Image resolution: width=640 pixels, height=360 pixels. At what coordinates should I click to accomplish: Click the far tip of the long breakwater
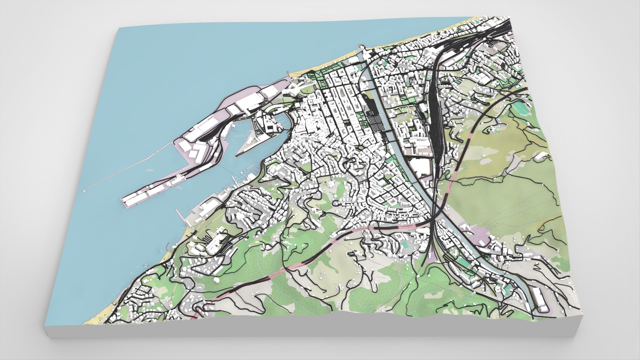85,191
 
